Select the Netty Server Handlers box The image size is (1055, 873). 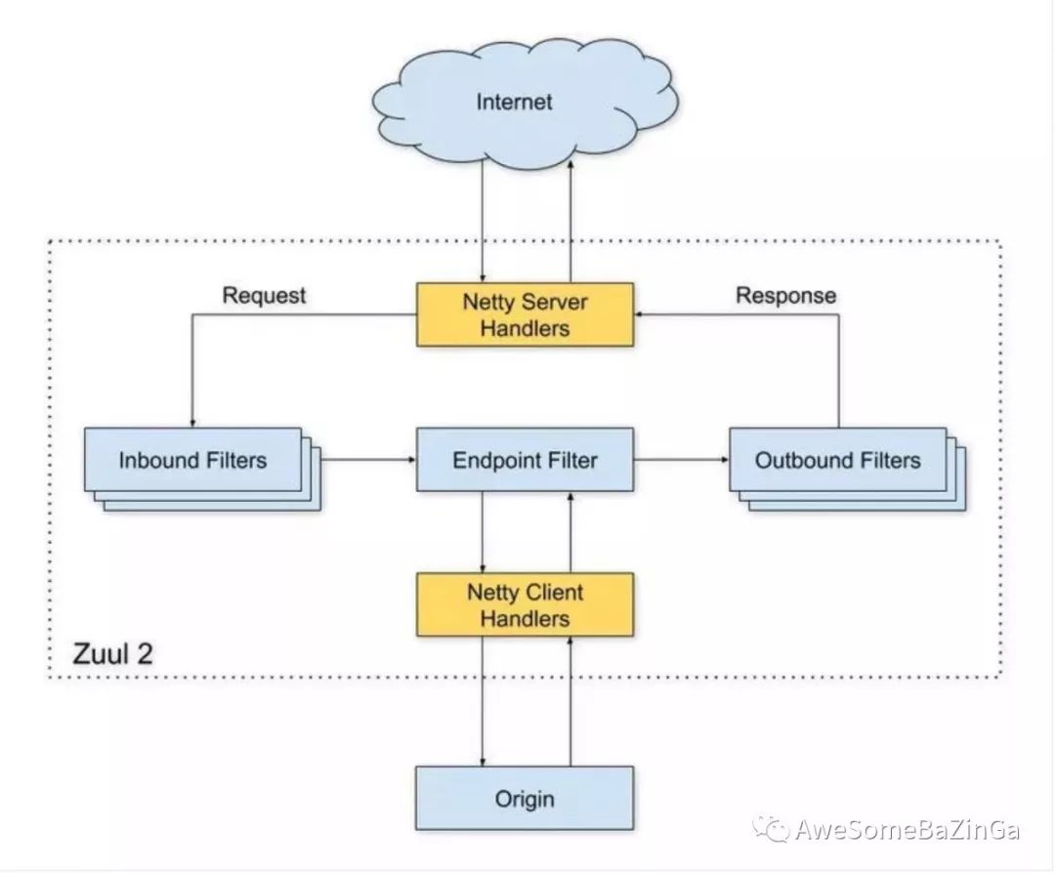(525, 314)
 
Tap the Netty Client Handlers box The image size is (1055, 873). (525, 604)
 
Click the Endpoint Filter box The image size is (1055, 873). (525, 460)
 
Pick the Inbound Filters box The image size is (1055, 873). (193, 460)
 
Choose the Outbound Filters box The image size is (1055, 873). (838, 460)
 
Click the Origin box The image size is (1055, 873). (525, 799)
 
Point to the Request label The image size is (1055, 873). (264, 295)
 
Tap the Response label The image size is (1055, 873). (785, 295)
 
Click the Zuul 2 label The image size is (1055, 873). (112, 653)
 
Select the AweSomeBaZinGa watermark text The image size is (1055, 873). (907, 830)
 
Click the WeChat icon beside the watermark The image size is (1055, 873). (771, 829)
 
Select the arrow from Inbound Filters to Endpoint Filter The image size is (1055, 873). (368, 460)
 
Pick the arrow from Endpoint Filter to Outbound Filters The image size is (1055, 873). (682, 460)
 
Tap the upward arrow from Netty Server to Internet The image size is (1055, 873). (570, 222)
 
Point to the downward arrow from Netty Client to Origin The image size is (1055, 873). (483, 701)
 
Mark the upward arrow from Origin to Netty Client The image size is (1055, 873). (570, 701)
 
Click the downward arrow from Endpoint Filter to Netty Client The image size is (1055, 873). (483, 532)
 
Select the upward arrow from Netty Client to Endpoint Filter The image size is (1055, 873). (570, 532)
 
